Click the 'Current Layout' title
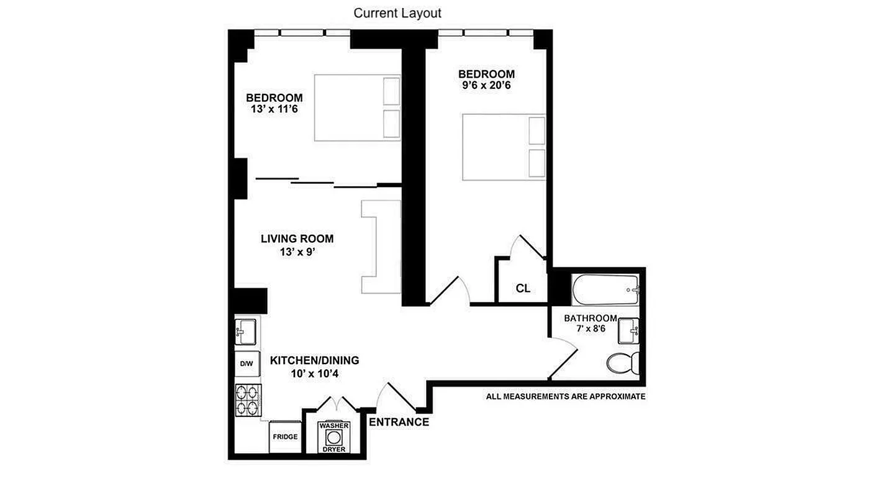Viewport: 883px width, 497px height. pyautogui.click(x=397, y=12)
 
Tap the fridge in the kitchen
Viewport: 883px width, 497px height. pyautogui.click(x=286, y=437)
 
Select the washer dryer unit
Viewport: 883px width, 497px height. pyautogui.click(x=334, y=437)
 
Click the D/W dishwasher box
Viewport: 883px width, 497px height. pyautogui.click(x=247, y=364)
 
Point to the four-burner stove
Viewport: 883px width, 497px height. pyautogui.click(x=248, y=401)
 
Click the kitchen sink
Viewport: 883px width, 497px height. pyautogui.click(x=247, y=331)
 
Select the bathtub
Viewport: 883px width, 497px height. pyautogui.click(x=605, y=290)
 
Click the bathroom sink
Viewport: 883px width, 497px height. pyautogui.click(x=628, y=331)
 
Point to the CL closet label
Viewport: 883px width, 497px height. pyautogui.click(x=523, y=288)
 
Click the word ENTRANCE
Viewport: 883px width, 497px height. pyautogui.click(x=399, y=422)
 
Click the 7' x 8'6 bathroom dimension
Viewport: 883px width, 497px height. pyautogui.click(x=590, y=329)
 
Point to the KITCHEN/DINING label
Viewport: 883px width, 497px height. pyautogui.click(x=314, y=360)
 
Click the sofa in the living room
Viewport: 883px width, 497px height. pyautogui.click(x=380, y=247)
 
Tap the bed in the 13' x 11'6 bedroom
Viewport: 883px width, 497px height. pyautogui.click(x=357, y=107)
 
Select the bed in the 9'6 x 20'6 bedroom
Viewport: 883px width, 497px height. pyautogui.click(x=503, y=147)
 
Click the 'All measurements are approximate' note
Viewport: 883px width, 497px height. pyautogui.click(x=566, y=396)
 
